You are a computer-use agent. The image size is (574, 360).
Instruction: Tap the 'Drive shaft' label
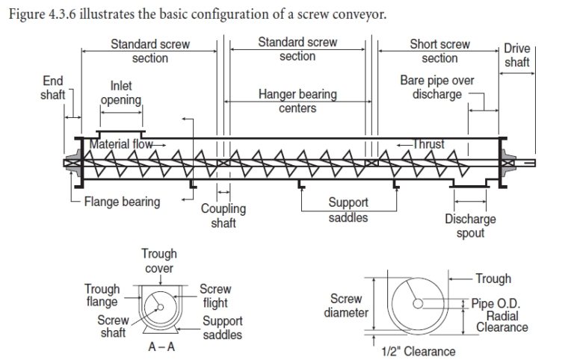coord(516,55)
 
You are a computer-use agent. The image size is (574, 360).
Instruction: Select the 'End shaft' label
coord(52,88)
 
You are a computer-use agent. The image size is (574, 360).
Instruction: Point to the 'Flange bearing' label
coord(122,202)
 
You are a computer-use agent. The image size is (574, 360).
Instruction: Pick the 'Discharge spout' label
coord(470,226)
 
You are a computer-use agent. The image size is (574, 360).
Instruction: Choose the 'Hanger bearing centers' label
coord(297,102)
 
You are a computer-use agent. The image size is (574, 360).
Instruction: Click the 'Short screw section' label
coord(439,51)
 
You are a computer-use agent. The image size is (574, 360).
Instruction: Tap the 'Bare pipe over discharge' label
coord(436,87)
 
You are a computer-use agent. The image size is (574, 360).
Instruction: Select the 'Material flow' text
coord(122,144)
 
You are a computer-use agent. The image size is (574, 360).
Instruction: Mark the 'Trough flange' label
coord(102,296)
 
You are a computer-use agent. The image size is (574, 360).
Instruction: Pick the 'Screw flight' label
coord(215,296)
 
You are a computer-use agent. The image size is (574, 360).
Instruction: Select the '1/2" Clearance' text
coord(419,351)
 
